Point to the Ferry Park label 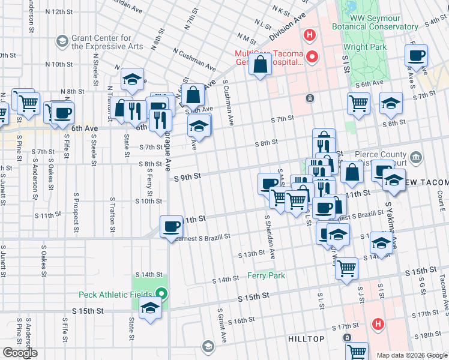point(266,276)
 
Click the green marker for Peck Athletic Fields point(161,294)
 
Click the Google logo point(20,353)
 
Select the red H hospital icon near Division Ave point(309,35)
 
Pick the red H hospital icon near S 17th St point(378,325)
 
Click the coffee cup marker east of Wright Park point(416,56)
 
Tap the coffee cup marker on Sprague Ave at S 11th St point(172,226)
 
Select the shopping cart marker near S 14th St point(346,269)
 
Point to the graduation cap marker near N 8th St point(133,79)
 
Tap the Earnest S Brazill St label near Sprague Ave point(200,237)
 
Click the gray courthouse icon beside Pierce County point(417,158)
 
